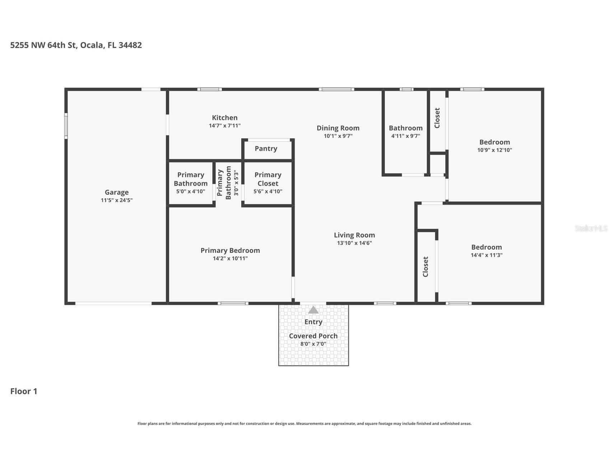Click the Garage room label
[x=117, y=192]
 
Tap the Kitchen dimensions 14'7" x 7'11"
[x=225, y=126]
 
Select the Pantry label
[x=266, y=148]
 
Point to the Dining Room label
[x=338, y=128]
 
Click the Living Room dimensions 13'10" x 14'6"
[x=354, y=243]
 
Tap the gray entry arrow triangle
[x=313, y=310]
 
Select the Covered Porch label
[x=313, y=336]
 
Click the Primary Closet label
[x=268, y=179]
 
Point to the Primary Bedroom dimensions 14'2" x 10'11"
[x=230, y=258]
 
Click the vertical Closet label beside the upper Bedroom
[x=437, y=118]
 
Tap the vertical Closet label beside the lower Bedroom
[x=426, y=267]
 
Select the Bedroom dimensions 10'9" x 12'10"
[x=495, y=150]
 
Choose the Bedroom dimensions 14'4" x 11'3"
[x=486, y=255]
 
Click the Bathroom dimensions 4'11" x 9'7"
[x=406, y=136]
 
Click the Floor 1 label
[x=24, y=391]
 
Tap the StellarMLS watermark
[x=591, y=228]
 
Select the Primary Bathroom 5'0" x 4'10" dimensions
[x=191, y=191]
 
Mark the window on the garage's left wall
[x=66, y=126]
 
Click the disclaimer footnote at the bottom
[x=304, y=424]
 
